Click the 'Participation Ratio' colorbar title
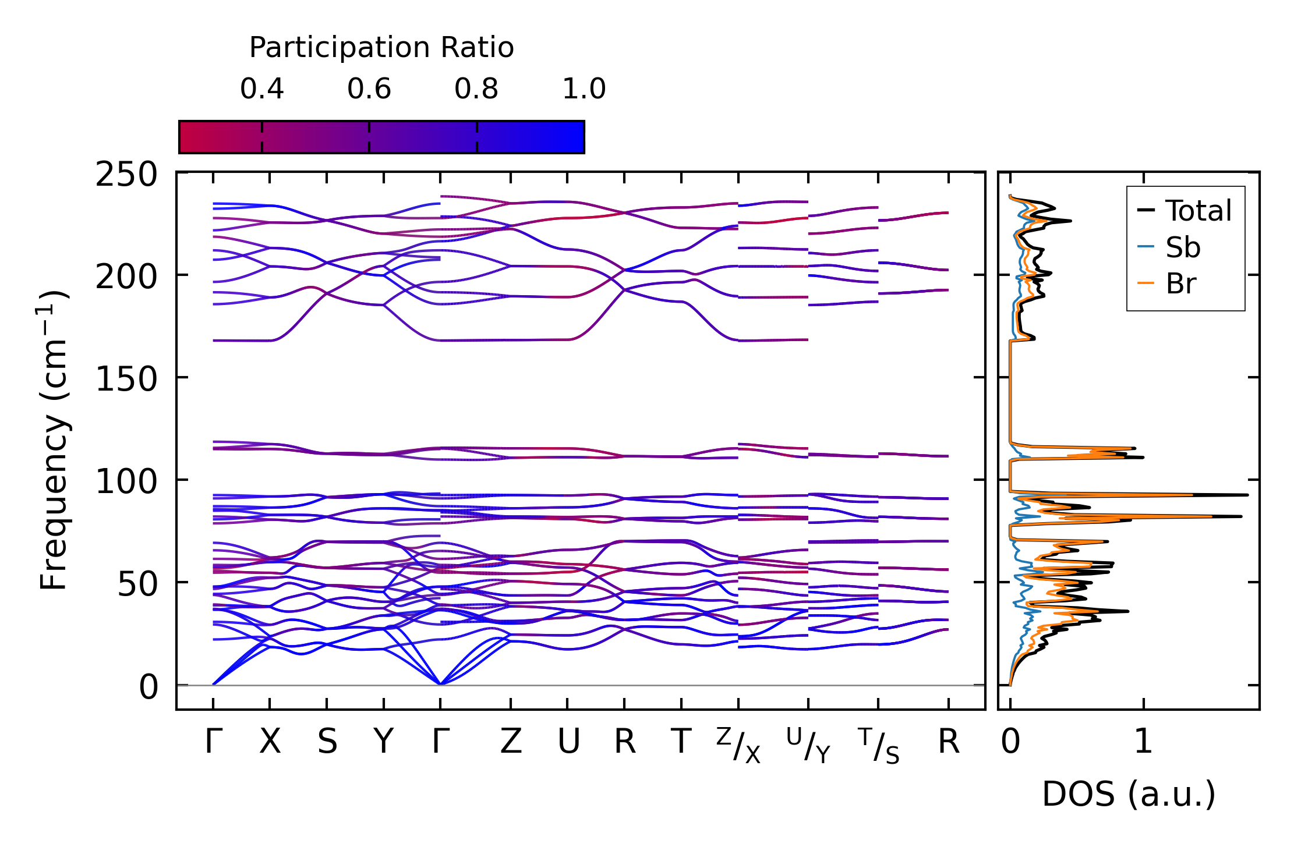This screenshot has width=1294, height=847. [x=381, y=47]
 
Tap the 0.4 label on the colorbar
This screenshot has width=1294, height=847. [x=262, y=89]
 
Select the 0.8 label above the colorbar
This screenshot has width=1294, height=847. [x=476, y=89]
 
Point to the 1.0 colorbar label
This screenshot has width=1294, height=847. [x=584, y=89]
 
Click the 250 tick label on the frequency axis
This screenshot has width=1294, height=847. [x=126, y=174]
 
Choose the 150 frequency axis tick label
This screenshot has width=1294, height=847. [x=126, y=379]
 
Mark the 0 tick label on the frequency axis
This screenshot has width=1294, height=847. [x=149, y=686]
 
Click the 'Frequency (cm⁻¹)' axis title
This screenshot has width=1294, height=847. [x=54, y=440]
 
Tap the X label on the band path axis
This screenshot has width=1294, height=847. [x=270, y=742]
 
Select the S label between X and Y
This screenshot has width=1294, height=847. [x=327, y=742]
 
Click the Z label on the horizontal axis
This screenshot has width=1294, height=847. [x=511, y=742]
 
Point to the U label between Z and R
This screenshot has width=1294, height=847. [x=568, y=742]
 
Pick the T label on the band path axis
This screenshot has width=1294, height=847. [x=681, y=742]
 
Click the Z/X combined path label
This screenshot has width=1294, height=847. [x=738, y=745]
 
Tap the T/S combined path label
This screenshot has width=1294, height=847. [x=879, y=745]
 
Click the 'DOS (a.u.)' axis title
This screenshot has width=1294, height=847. [x=1129, y=794]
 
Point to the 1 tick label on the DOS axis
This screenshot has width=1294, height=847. [x=1144, y=742]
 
